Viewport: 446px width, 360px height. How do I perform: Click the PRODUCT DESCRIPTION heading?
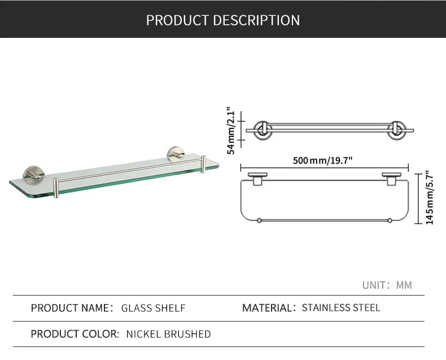pos(223,20)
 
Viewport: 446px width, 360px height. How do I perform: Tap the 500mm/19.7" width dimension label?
pos(322,161)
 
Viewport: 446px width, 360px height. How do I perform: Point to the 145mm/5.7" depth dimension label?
pos(430,197)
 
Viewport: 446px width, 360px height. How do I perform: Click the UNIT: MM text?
pos(387,285)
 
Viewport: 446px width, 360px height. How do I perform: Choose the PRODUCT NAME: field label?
pos(72,308)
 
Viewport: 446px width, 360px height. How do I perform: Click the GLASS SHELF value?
pos(154,308)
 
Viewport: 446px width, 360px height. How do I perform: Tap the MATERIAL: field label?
pos(269,308)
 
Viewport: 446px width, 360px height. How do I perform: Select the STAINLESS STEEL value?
pos(341,308)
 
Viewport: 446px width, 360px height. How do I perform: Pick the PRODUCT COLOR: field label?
pos(75,334)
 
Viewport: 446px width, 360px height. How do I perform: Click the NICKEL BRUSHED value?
pos(168,334)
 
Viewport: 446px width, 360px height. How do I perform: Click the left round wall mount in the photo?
pos(32,174)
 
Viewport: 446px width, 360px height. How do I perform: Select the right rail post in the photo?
pos(203,165)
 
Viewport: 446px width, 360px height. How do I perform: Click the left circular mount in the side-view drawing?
pos(263,130)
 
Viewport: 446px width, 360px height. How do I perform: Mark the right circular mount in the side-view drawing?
pos(395,130)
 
